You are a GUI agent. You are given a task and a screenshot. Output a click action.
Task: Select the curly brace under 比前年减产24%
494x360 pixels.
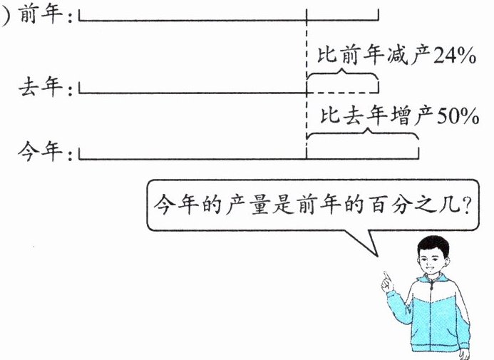tap(342, 73)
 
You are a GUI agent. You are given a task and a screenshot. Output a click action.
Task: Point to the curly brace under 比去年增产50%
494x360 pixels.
tap(361, 135)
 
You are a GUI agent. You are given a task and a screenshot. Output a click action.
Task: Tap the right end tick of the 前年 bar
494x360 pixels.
tap(379, 15)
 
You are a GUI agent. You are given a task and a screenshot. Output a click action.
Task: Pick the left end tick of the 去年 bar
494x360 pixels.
tap(80, 88)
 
